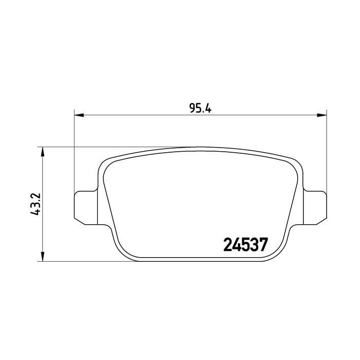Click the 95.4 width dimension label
click(x=200, y=108)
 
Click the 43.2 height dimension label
click(x=35, y=204)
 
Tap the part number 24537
click(x=245, y=244)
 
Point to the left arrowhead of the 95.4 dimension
click(x=79, y=115)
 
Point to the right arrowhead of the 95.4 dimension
click(x=321, y=115)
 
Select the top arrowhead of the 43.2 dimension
click(x=42, y=152)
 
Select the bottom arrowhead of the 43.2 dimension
click(x=42, y=257)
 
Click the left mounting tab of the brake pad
click(x=86, y=208)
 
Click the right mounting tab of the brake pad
click(x=315, y=208)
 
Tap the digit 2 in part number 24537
click(x=228, y=244)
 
